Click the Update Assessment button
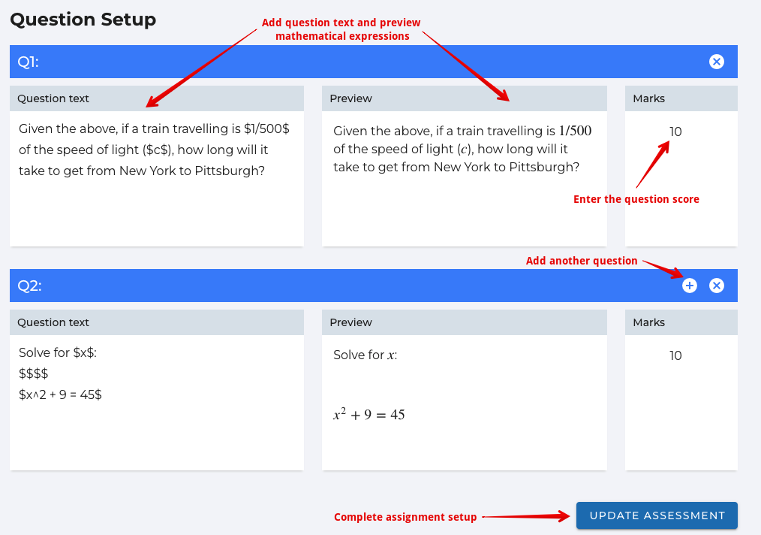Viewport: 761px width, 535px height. point(657,515)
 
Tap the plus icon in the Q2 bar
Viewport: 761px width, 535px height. point(690,286)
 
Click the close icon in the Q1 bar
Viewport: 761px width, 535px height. point(717,62)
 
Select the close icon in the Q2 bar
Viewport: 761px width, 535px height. point(717,286)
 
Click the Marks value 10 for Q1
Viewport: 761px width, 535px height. point(675,131)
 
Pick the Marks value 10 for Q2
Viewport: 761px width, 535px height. point(675,355)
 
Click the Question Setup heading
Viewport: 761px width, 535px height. point(83,20)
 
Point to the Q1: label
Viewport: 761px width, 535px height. point(29,62)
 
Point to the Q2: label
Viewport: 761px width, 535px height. point(29,286)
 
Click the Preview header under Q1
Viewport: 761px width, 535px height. point(351,98)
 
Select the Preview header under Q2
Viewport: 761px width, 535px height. point(351,322)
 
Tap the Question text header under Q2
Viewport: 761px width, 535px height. point(53,322)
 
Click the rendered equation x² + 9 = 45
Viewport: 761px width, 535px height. point(368,414)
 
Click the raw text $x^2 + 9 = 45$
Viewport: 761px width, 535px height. point(60,394)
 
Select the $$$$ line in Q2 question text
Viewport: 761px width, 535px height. point(34,373)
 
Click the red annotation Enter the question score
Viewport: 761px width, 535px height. point(636,199)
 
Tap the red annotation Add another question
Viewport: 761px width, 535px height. point(582,261)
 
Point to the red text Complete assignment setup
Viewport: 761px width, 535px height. point(405,517)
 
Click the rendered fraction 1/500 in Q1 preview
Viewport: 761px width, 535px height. point(575,131)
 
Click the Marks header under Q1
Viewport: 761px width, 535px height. point(649,98)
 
